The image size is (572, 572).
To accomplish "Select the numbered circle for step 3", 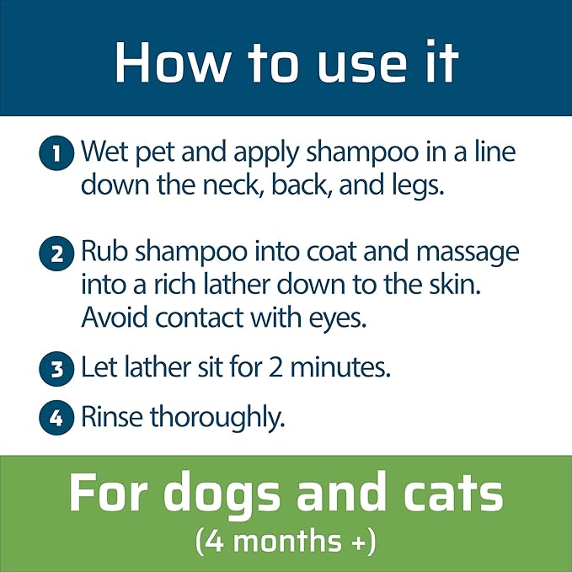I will pos(56,368).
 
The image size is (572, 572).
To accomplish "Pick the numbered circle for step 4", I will pos(56,417).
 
